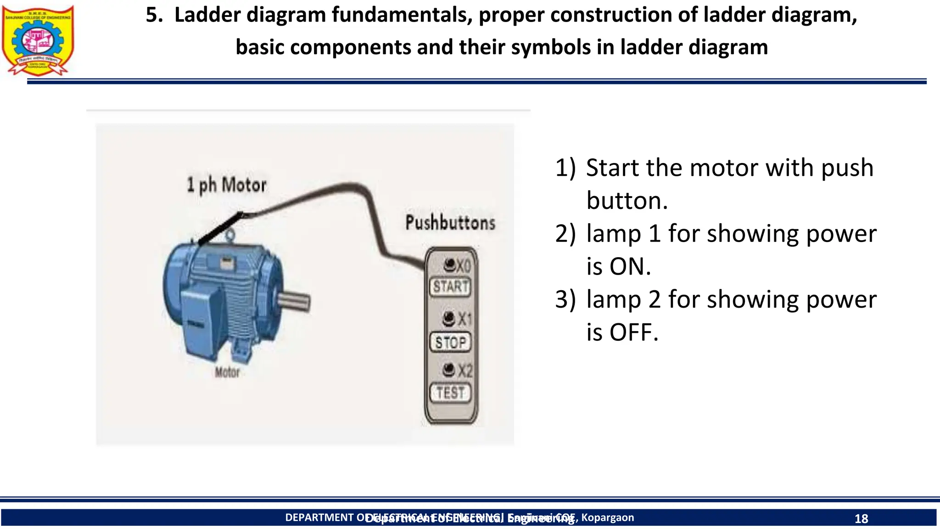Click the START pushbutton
(x=450, y=287)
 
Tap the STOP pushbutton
(x=450, y=343)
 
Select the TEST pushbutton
(x=450, y=393)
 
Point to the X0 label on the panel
(x=464, y=266)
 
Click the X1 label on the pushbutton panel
(x=464, y=319)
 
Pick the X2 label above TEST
(x=465, y=371)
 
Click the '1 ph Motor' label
(x=226, y=185)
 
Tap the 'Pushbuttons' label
(x=450, y=223)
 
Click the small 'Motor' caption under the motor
(x=227, y=372)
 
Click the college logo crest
(x=38, y=40)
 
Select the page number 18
(x=861, y=519)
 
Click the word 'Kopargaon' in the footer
(x=608, y=518)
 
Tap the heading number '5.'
(x=155, y=15)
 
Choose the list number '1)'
(x=565, y=168)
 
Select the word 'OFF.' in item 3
(x=634, y=332)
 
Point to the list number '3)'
(x=565, y=299)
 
